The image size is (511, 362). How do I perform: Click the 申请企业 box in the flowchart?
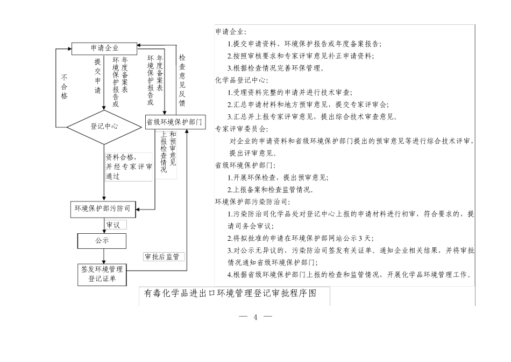tap(104, 48)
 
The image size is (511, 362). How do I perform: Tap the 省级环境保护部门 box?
tap(175, 122)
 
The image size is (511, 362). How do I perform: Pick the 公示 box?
tap(102, 241)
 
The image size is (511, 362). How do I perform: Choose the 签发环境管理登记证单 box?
tap(102, 274)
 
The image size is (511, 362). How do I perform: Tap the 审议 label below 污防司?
tap(113, 225)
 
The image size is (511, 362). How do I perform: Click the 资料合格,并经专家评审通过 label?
tap(129, 166)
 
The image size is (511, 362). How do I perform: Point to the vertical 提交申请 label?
tap(97, 76)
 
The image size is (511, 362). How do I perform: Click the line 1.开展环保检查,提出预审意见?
tap(278, 177)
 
